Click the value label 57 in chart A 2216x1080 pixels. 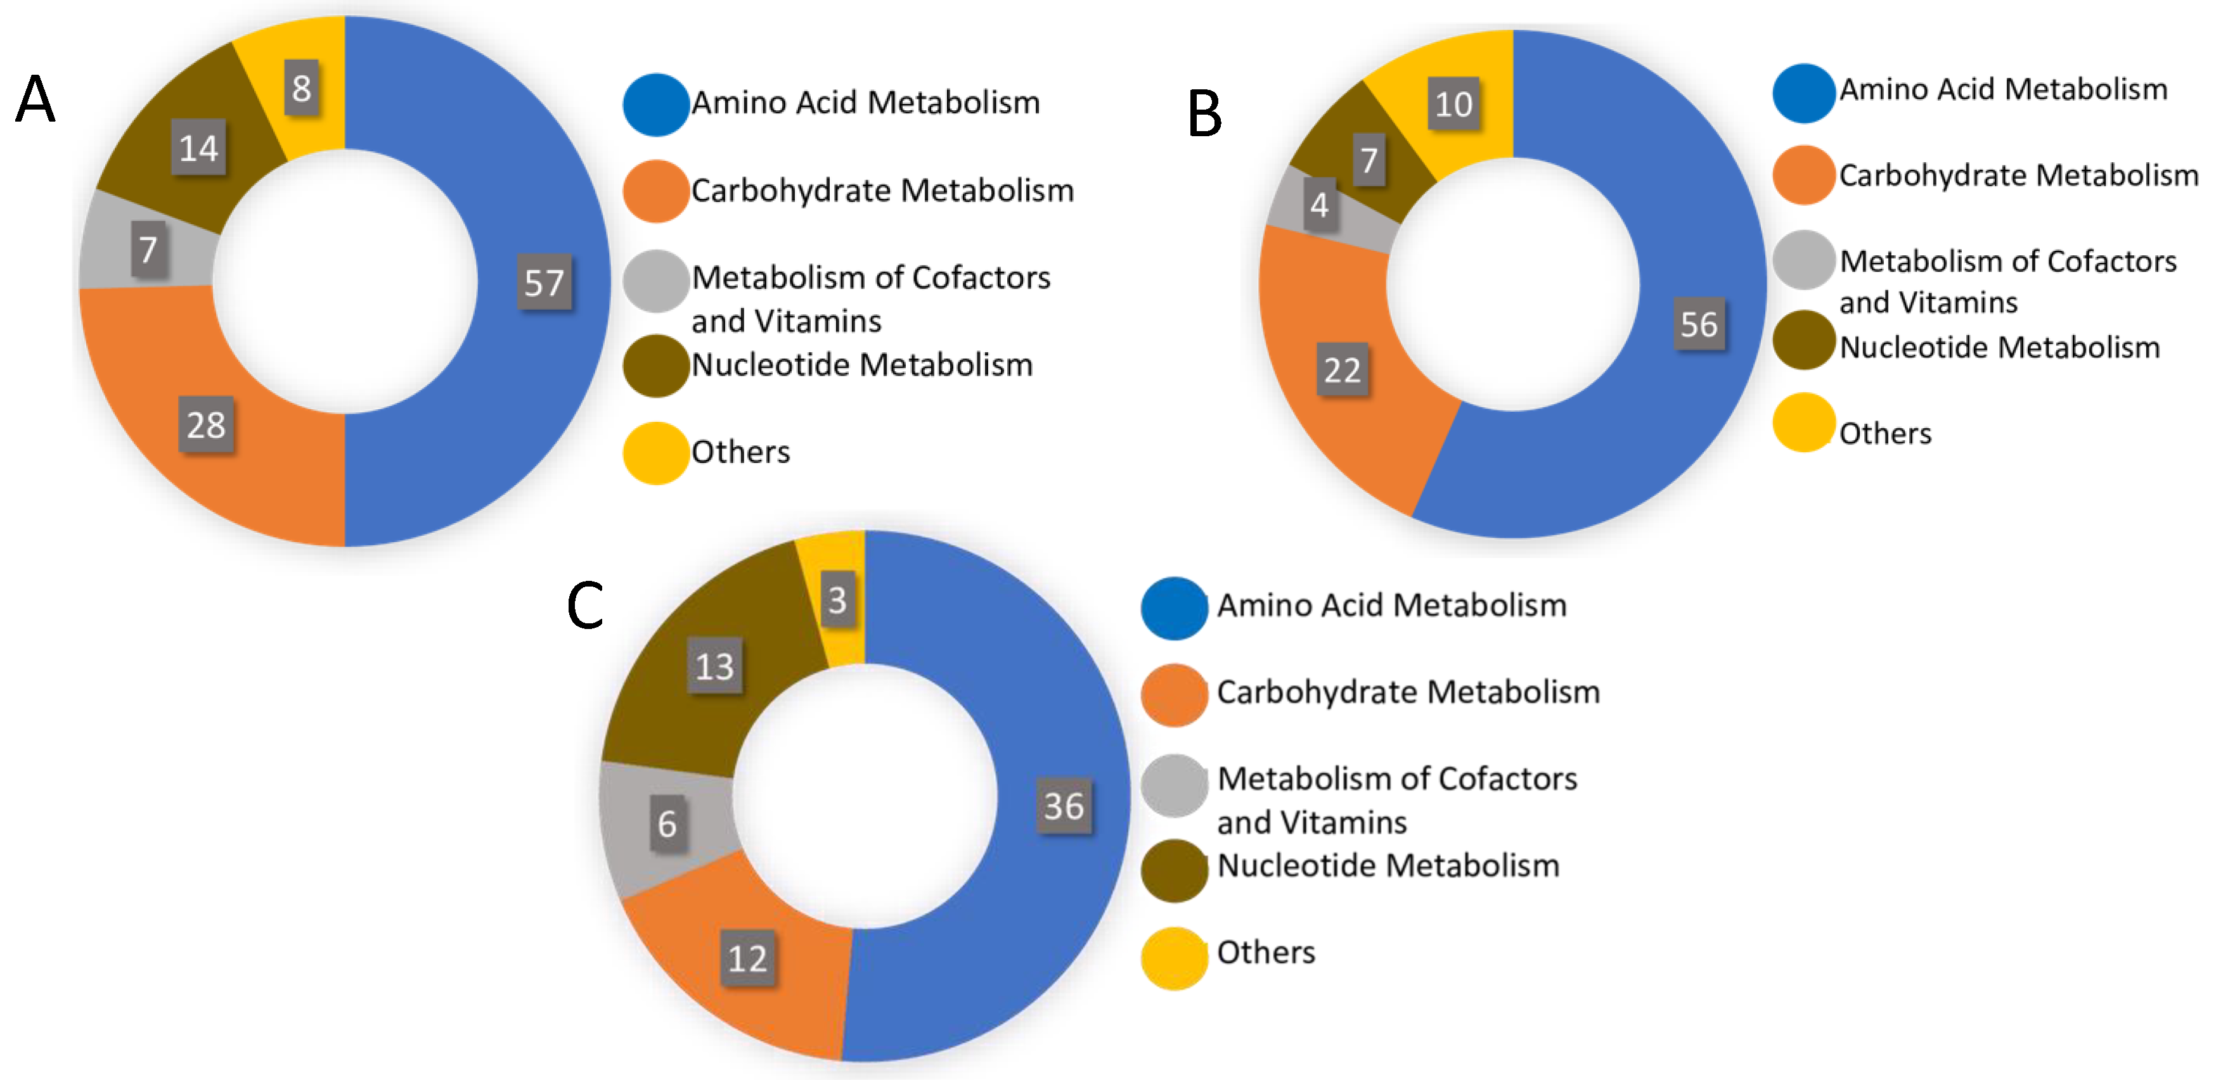click(x=544, y=282)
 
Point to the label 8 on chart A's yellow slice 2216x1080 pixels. click(x=301, y=87)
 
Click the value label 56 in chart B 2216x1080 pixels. click(x=1698, y=324)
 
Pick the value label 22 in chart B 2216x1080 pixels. click(x=1342, y=370)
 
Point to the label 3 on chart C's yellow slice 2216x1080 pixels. click(x=837, y=599)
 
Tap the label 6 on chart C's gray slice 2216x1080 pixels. click(x=667, y=823)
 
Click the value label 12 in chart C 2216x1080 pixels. click(x=747, y=958)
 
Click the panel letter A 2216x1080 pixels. click(x=36, y=99)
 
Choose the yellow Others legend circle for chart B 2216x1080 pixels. click(x=1803, y=422)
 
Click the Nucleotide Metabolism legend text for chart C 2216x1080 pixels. click(x=1388, y=865)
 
